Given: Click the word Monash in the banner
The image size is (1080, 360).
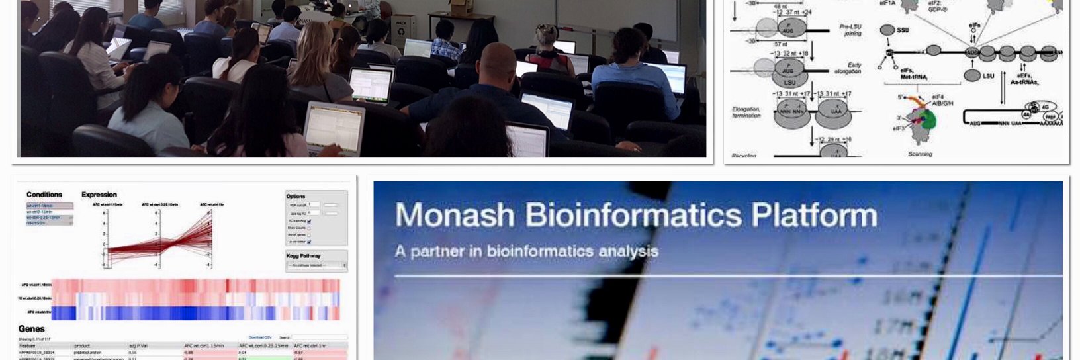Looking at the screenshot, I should pos(455,215).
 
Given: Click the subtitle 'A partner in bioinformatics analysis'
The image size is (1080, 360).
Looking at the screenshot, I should pos(526,251).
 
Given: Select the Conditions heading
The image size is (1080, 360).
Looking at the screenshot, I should pos(44,195).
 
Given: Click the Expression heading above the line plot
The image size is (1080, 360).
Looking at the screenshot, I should pos(99,195).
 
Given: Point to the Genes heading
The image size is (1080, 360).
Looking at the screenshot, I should pos(32,329).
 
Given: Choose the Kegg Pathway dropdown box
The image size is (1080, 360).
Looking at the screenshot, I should pos(316,265).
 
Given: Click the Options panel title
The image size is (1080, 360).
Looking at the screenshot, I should pos(296,196).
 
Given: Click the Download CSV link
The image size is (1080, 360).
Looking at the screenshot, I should pos(260,337).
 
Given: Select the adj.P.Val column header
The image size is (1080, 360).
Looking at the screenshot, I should pos(137,346).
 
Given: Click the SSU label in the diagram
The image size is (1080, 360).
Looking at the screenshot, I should pos(903,30).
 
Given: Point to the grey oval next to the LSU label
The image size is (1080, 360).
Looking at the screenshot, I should pos(971,75).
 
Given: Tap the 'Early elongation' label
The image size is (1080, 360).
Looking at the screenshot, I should pos(853,68).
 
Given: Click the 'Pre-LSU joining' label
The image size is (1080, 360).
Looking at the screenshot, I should pos(850,30).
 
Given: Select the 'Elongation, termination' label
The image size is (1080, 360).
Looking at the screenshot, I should pos(746,112).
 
